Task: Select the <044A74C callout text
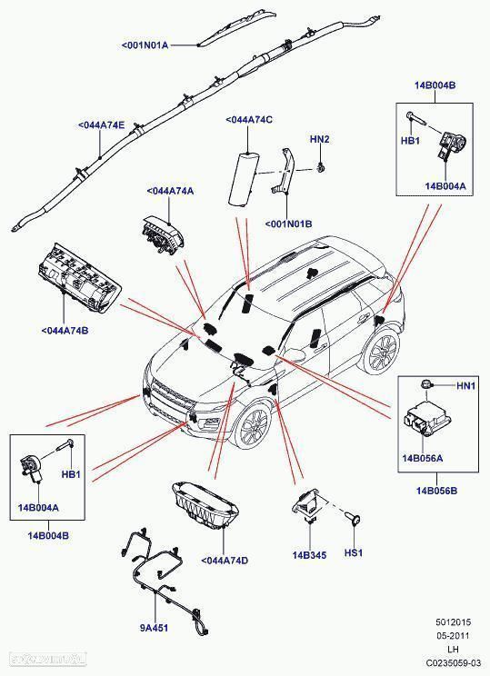tap(249, 119)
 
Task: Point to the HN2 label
tap(319, 139)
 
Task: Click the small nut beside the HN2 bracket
tap(322, 168)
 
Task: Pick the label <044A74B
tap(65, 330)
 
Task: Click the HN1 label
tap(465, 386)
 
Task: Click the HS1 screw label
tap(354, 552)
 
